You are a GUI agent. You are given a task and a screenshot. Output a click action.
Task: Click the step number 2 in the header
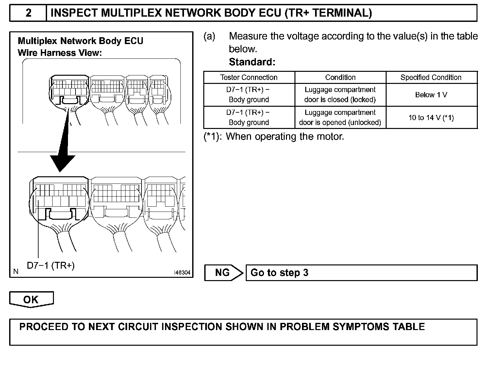click(28, 13)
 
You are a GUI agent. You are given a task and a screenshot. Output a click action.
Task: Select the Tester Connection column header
click(249, 77)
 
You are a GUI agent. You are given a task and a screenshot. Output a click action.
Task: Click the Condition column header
click(340, 77)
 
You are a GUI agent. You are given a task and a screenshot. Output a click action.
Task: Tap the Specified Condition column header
click(431, 77)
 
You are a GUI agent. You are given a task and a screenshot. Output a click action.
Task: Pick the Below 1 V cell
click(431, 95)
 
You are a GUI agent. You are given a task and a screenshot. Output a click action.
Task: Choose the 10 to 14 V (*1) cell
click(431, 118)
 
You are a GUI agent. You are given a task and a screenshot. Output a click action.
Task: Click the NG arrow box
click(224, 273)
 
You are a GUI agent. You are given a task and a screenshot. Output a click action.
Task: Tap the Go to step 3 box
click(361, 273)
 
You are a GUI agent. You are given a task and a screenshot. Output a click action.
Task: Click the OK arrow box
click(31, 299)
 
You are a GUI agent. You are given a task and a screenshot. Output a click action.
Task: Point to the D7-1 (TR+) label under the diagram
click(51, 266)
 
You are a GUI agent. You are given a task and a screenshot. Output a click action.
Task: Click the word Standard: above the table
click(252, 62)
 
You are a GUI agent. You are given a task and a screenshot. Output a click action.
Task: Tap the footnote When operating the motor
click(285, 136)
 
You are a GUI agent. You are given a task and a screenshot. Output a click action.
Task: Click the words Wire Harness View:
click(60, 53)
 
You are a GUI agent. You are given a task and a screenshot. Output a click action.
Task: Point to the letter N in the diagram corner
click(16, 271)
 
